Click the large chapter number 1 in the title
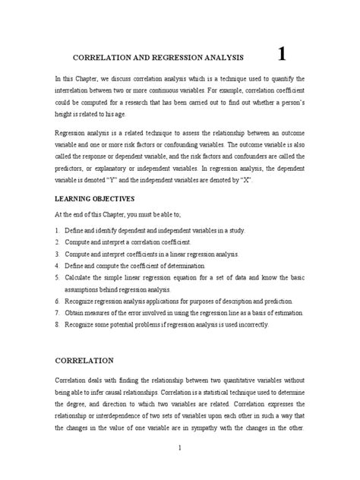pos(283,54)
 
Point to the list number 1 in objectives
pos(58,229)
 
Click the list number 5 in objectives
pos(58,278)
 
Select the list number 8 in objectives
pos(58,324)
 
